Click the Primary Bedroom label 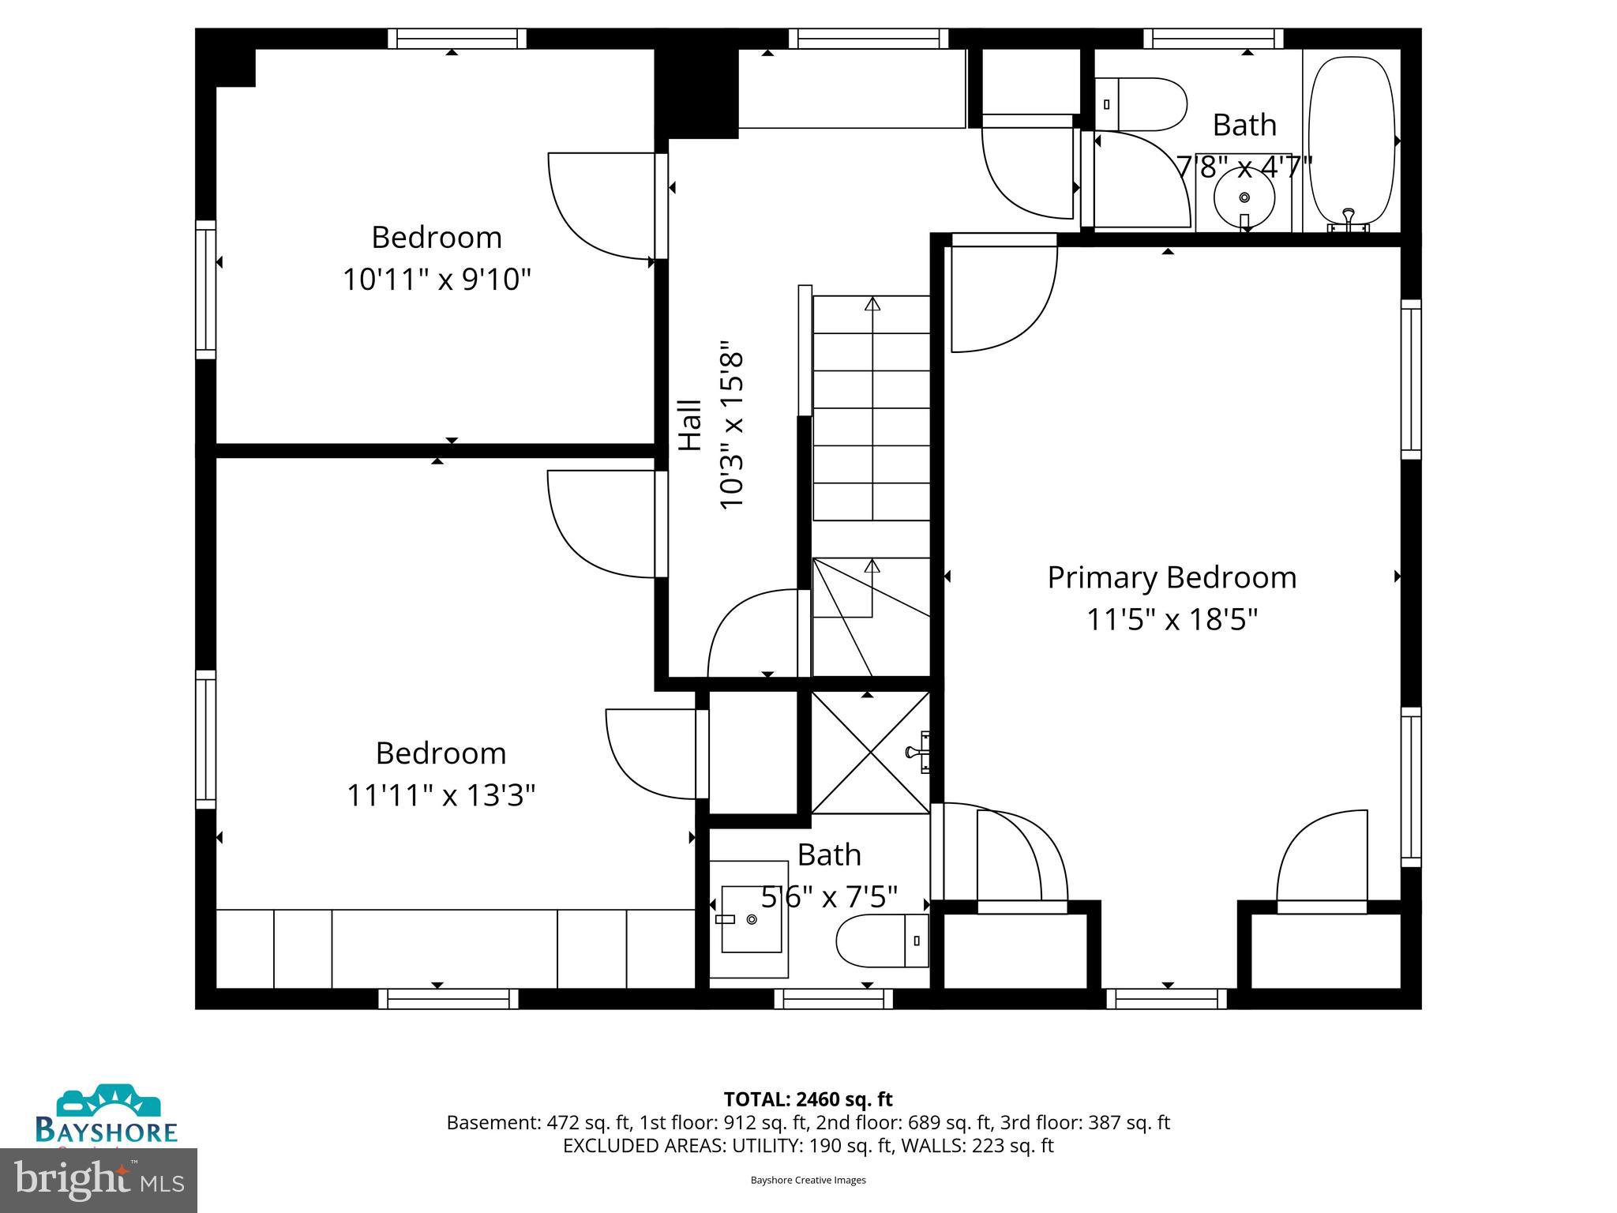[x=1172, y=577]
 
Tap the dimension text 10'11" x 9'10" [x=437, y=280]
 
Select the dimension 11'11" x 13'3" [x=441, y=795]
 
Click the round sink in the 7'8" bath [x=1244, y=197]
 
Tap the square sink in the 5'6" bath [x=751, y=918]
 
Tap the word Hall [x=691, y=425]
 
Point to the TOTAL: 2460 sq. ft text [x=808, y=1099]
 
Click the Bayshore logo [x=106, y=1115]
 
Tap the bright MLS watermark [x=99, y=1180]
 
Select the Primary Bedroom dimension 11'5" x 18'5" [x=1172, y=620]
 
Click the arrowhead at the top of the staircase [x=872, y=304]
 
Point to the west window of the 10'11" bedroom [x=205, y=290]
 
